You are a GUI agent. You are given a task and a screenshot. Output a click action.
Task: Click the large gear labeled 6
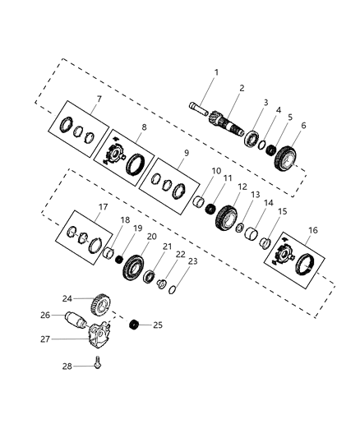[x=286, y=156]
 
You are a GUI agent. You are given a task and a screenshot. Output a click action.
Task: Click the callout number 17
[x=80, y=208]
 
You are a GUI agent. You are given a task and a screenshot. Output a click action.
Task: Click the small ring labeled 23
[x=170, y=287]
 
